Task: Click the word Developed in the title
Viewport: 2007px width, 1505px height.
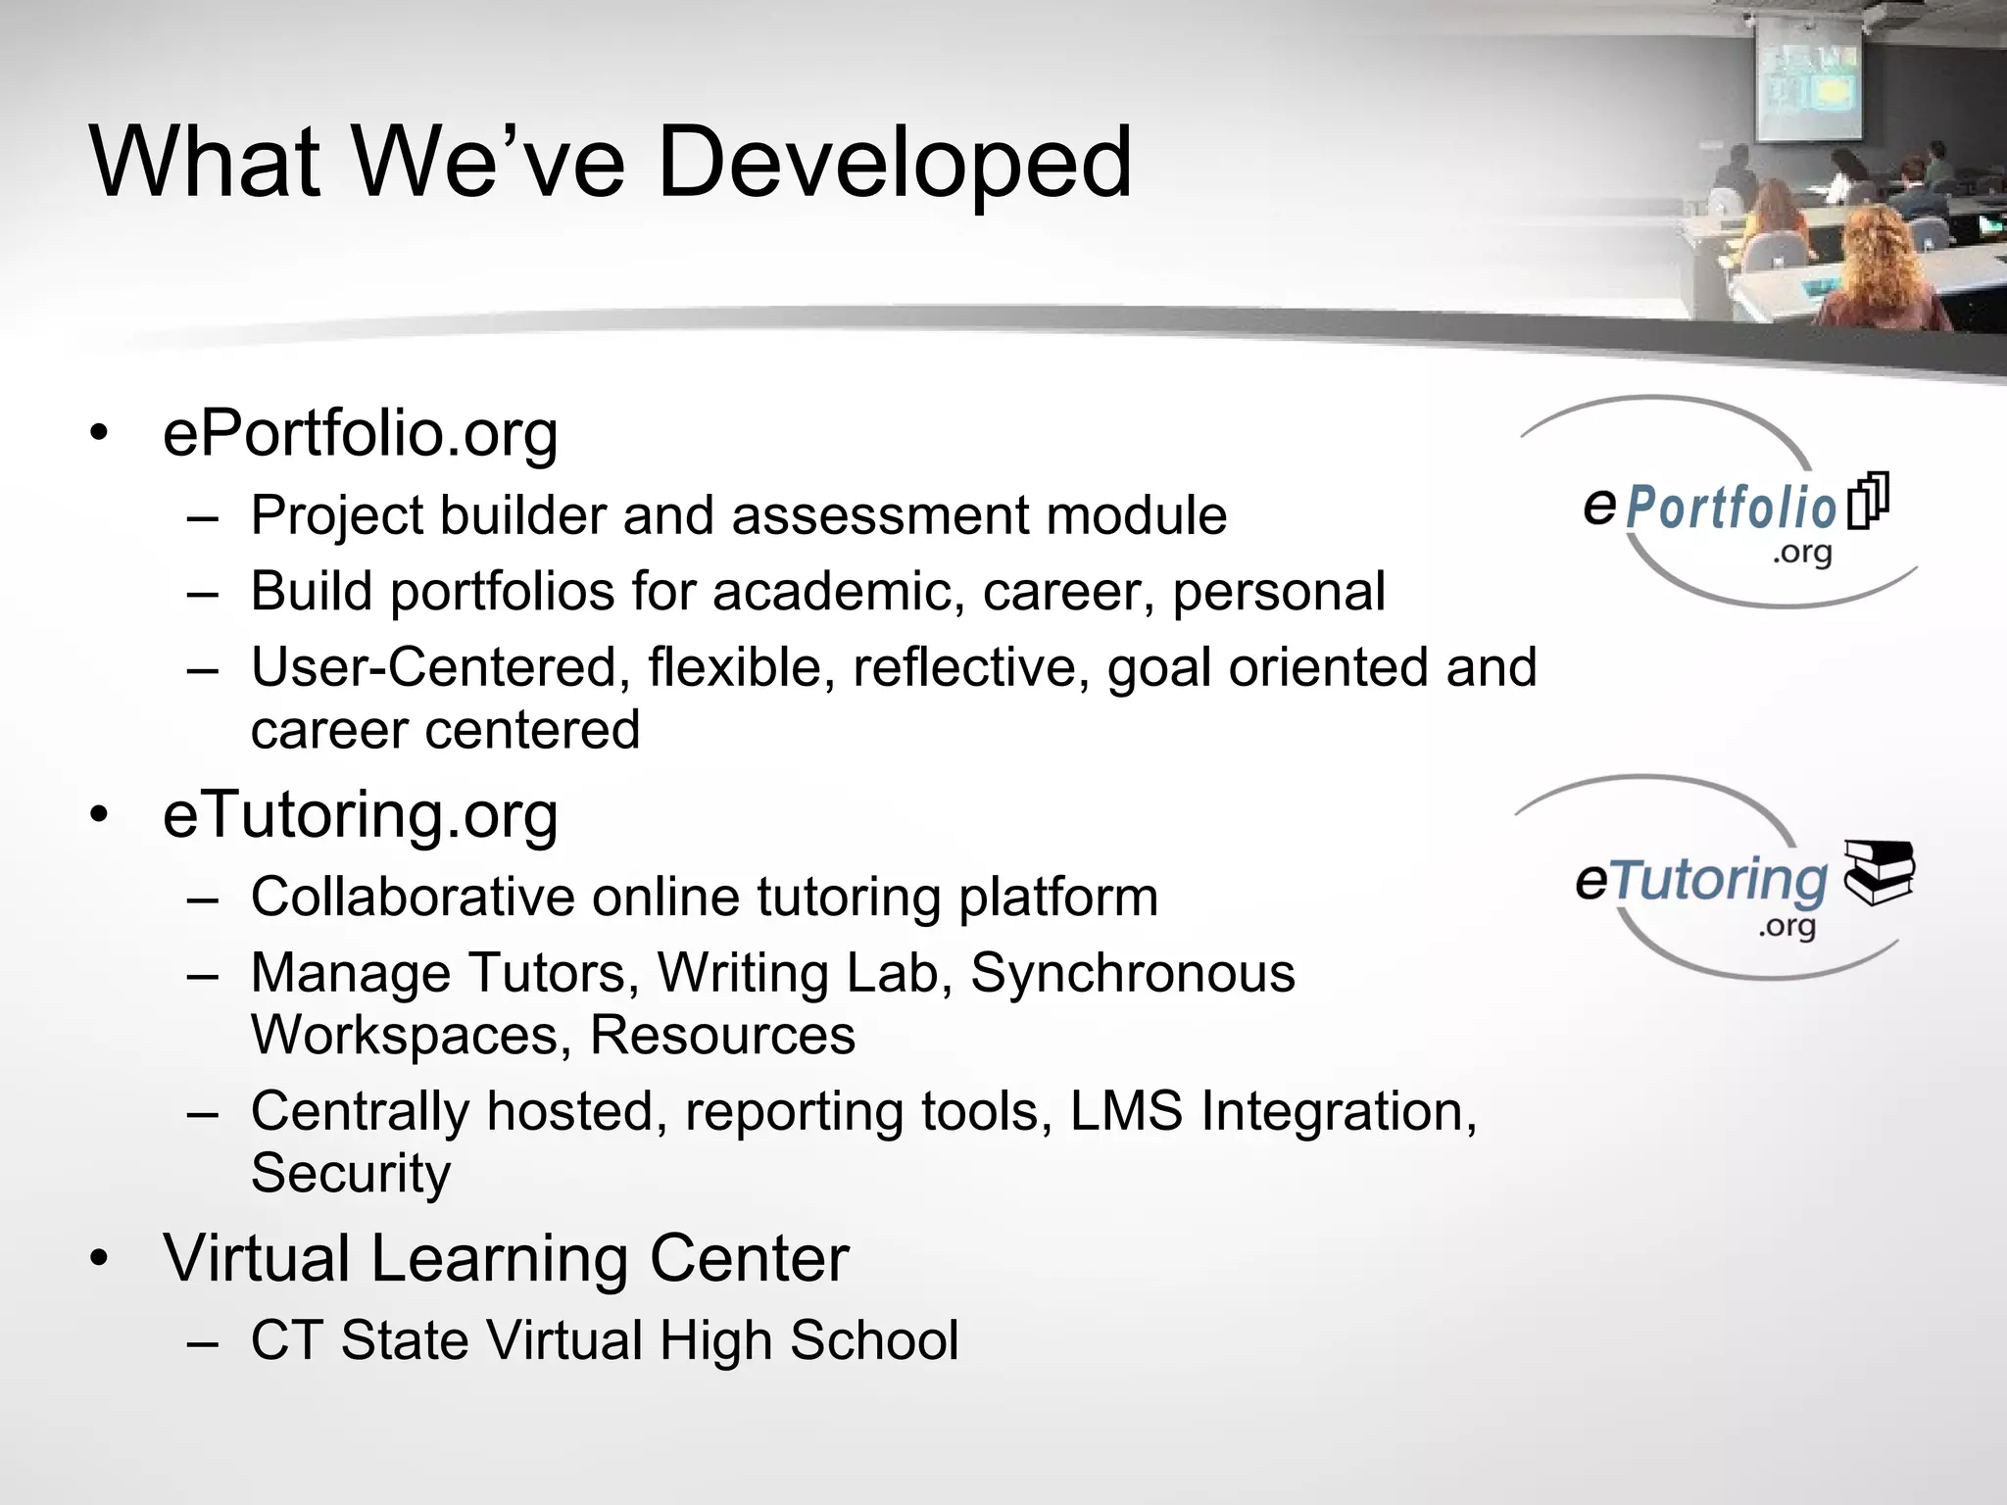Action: pyautogui.click(x=894, y=162)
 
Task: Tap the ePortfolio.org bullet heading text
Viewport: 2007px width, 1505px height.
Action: pyautogui.click(x=360, y=433)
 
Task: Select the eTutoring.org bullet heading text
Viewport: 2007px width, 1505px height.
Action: pyautogui.click(x=360, y=815)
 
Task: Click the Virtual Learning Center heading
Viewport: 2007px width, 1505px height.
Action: pyautogui.click(x=505, y=1258)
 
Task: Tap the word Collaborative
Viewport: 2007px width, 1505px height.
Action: pyautogui.click(x=412, y=897)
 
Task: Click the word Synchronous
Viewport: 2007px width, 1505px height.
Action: pyautogui.click(x=1132, y=973)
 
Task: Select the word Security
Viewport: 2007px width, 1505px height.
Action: pyautogui.click(x=350, y=1173)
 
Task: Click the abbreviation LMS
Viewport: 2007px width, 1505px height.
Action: pyautogui.click(x=1126, y=1112)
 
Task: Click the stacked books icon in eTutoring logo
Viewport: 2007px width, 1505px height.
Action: pyautogui.click(x=1878, y=871)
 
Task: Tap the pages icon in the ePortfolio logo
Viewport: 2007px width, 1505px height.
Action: pyautogui.click(x=1868, y=501)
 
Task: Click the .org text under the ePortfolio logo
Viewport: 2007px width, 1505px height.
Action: pyautogui.click(x=1801, y=554)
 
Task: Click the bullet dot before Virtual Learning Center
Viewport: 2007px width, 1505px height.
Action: pyautogui.click(x=99, y=1259)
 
